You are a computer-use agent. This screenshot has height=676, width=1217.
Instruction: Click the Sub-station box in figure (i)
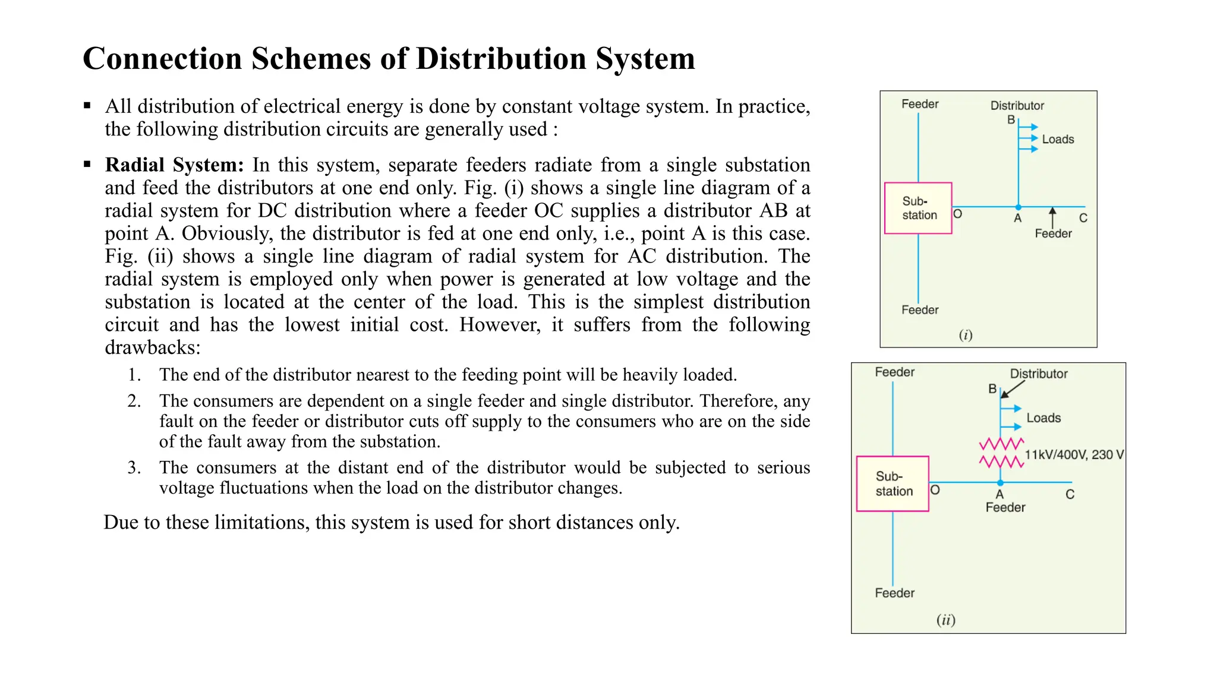pos(918,208)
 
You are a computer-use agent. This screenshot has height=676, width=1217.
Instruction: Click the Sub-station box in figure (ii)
pos(893,484)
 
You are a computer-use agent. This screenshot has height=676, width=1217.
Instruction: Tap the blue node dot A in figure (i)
pos(1019,207)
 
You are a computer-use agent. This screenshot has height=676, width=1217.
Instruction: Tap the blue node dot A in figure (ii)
pos(1001,483)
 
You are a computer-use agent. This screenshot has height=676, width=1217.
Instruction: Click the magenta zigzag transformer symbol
pos(1001,453)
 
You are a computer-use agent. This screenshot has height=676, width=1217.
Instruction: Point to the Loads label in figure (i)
pos(1058,140)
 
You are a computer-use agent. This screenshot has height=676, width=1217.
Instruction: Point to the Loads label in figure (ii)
pos(1043,418)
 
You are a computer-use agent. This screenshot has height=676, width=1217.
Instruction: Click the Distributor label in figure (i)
pos(1017,106)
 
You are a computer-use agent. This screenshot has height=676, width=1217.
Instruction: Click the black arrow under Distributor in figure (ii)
pos(1013,389)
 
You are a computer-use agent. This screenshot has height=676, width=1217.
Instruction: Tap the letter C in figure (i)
pos(1083,218)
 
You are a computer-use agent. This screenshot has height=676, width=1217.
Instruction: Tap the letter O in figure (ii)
pos(935,490)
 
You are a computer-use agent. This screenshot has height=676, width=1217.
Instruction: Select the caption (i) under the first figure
pos(966,335)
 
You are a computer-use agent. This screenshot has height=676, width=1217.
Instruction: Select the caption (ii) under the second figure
pos(946,620)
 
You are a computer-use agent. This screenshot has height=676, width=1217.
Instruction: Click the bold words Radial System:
pos(174,165)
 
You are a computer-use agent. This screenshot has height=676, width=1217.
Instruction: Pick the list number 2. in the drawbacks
pos(134,401)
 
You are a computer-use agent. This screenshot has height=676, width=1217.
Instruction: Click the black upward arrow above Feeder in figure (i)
pos(1052,217)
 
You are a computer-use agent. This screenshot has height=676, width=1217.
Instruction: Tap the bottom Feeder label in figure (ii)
pos(894,593)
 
